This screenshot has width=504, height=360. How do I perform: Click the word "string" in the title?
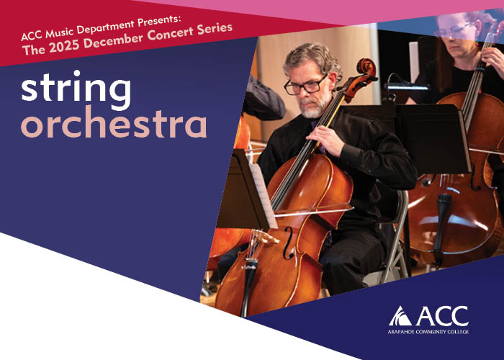tap(76, 90)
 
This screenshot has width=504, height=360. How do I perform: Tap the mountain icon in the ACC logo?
tap(400, 315)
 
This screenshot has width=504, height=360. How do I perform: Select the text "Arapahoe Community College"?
tap(428, 332)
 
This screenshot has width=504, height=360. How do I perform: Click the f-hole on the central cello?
tap(288, 243)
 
